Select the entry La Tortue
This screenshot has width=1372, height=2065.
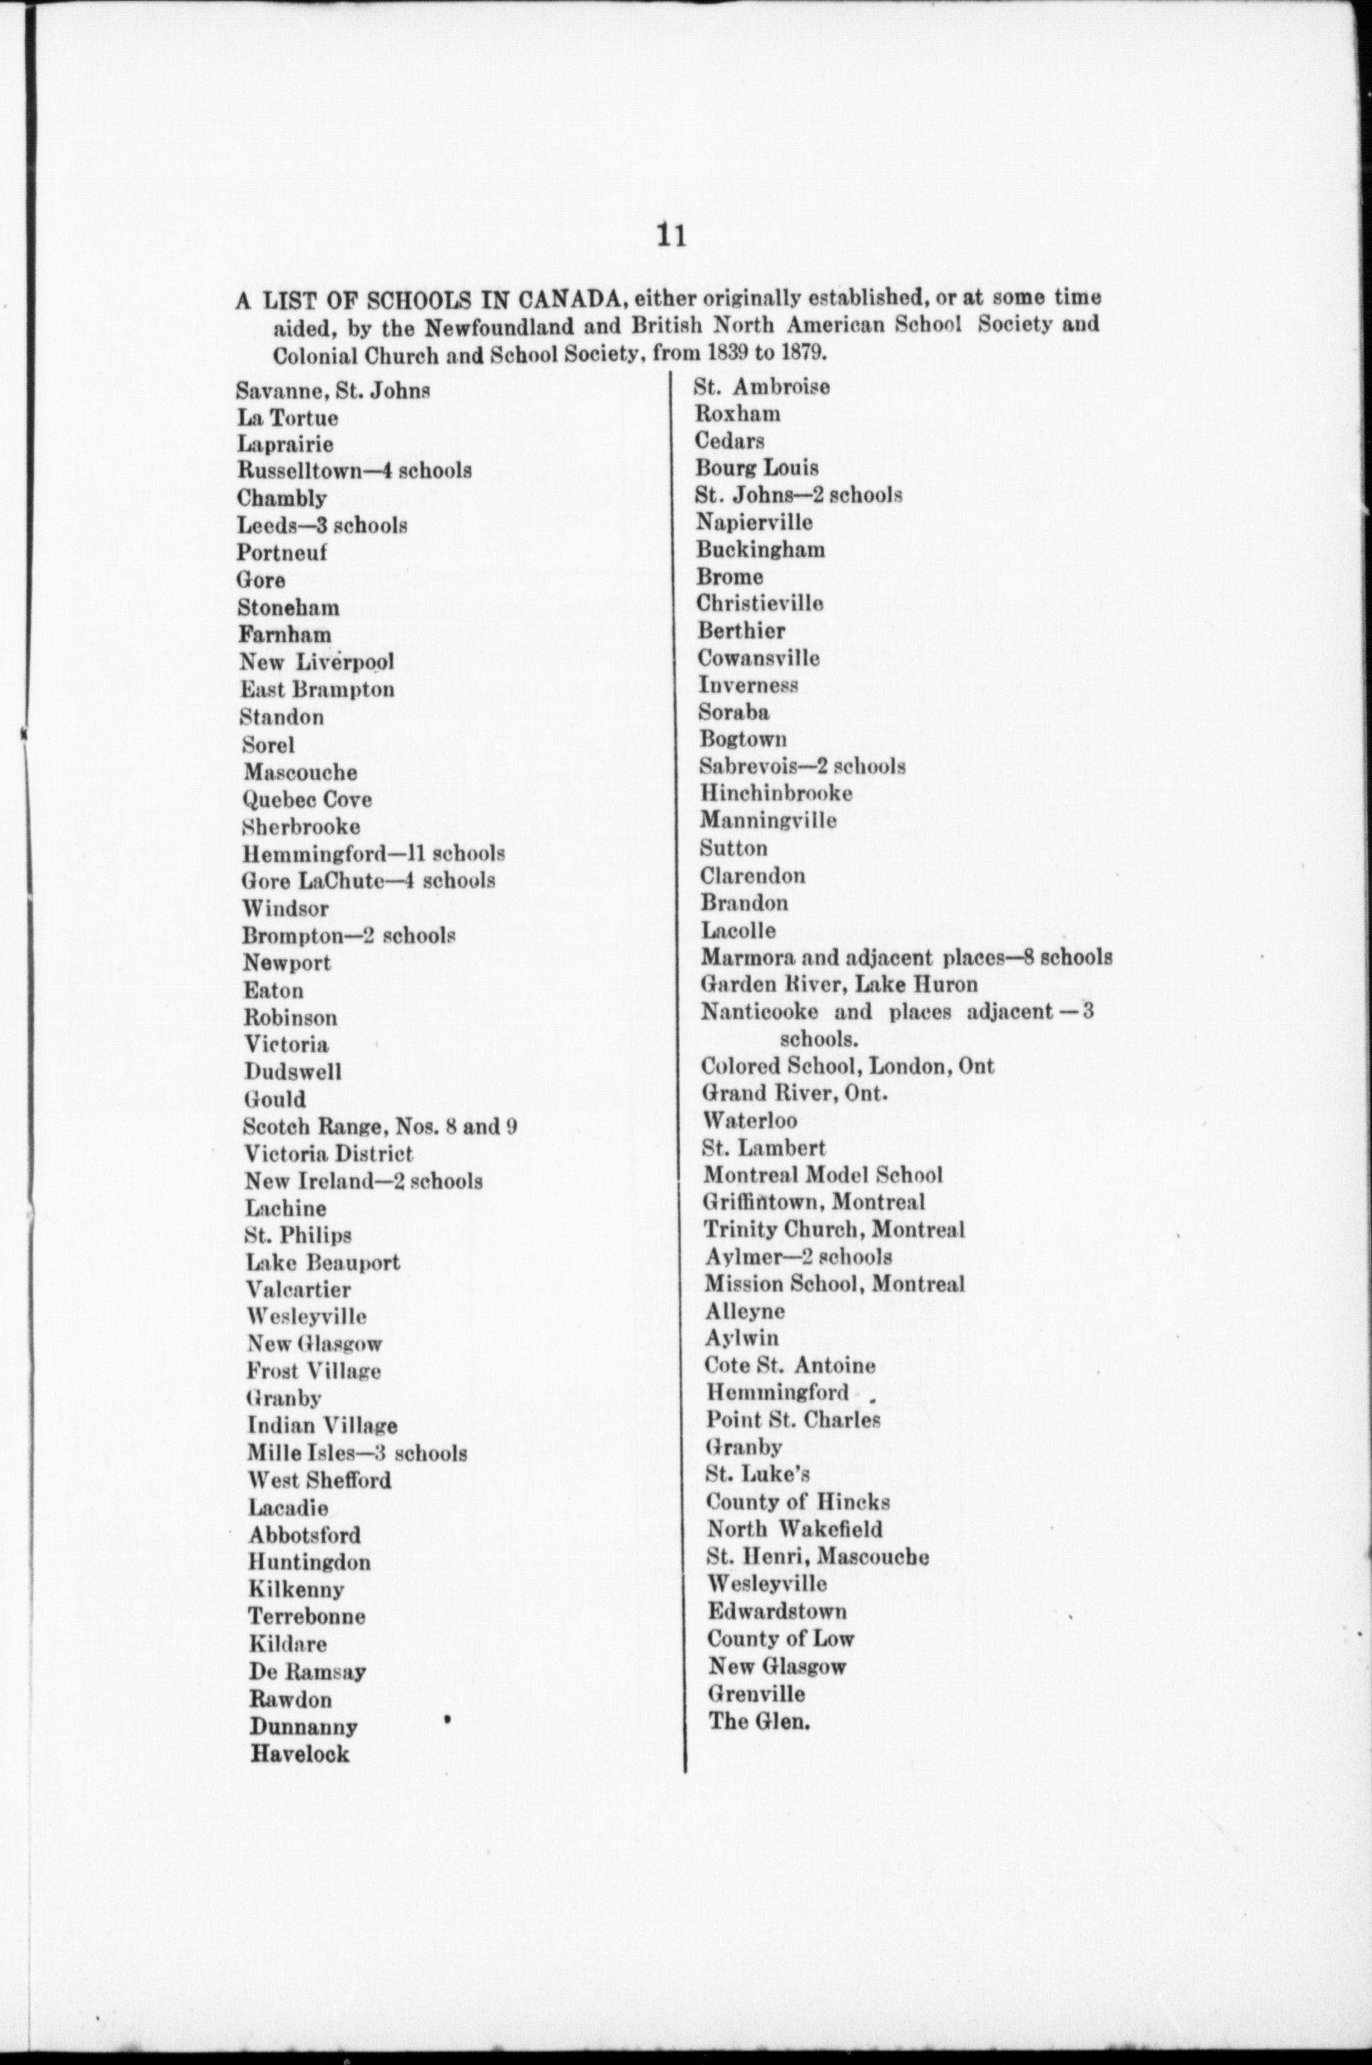pos(287,418)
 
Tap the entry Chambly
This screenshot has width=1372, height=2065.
pos(281,499)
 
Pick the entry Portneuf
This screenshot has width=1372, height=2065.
pos(281,552)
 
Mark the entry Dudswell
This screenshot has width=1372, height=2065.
pos(292,1072)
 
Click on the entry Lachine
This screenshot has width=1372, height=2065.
pos(286,1208)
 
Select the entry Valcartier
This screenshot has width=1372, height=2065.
pos(297,1290)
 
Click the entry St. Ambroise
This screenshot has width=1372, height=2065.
pos(761,386)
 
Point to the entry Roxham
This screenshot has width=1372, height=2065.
pos(737,413)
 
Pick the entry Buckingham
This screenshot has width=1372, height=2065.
pos(759,550)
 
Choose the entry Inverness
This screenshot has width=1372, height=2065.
pos(748,685)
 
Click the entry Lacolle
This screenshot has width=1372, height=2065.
pos(738,930)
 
